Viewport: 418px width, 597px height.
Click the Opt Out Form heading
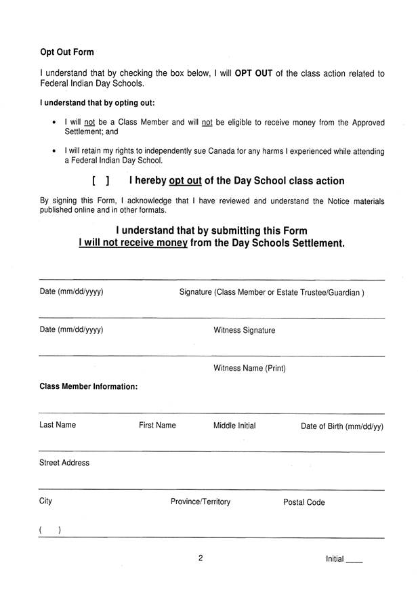(67, 52)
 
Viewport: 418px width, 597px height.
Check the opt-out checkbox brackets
(100, 182)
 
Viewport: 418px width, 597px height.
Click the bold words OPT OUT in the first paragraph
(254, 73)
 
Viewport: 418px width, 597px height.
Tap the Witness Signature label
(244, 331)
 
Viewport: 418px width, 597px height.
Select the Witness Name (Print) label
(249, 369)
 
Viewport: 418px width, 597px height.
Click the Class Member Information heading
(89, 387)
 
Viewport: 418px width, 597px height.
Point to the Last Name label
(58, 426)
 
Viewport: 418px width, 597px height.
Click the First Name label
(157, 426)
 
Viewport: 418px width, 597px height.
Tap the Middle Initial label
(234, 426)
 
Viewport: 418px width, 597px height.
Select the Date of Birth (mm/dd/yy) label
(342, 427)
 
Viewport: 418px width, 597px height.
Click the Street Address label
(64, 463)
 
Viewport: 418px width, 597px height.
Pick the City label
(45, 501)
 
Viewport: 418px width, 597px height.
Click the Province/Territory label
(201, 502)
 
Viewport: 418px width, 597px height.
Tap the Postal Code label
(304, 503)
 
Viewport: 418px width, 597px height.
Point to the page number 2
(201, 559)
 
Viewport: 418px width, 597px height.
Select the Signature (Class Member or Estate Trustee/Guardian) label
(272, 293)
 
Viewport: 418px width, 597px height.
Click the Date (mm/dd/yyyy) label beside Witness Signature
(71, 331)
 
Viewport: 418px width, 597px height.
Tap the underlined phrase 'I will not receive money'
(133, 243)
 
